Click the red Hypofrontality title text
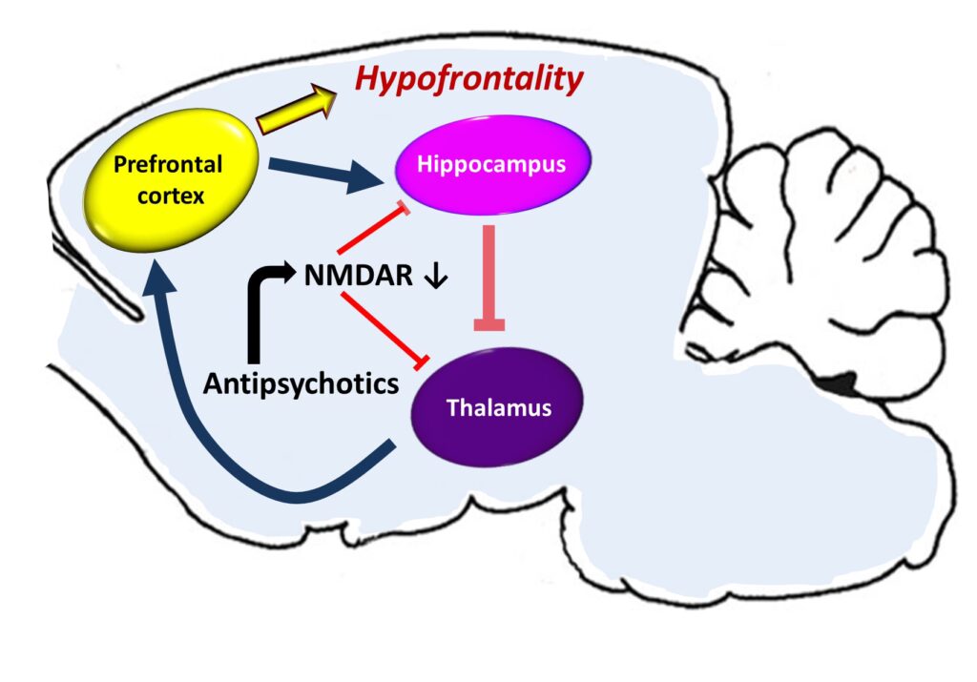click(x=468, y=80)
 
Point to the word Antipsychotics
click(x=301, y=383)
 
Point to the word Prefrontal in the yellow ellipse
click(x=168, y=165)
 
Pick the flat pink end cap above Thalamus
click(x=488, y=325)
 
